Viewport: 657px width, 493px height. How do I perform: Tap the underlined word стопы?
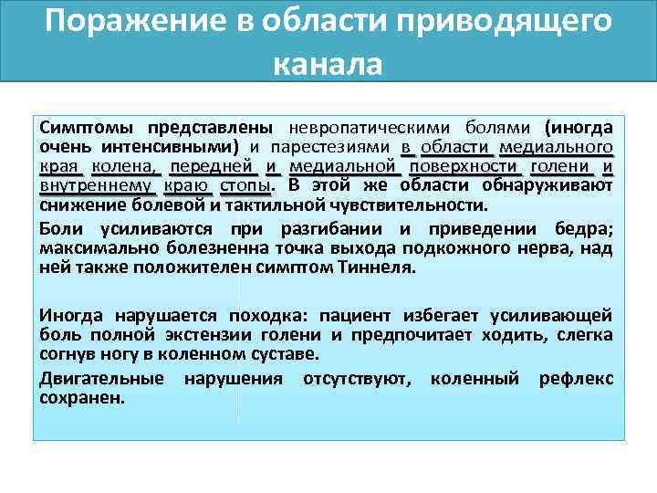tap(245, 186)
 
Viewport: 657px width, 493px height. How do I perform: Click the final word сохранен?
tap(81, 398)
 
